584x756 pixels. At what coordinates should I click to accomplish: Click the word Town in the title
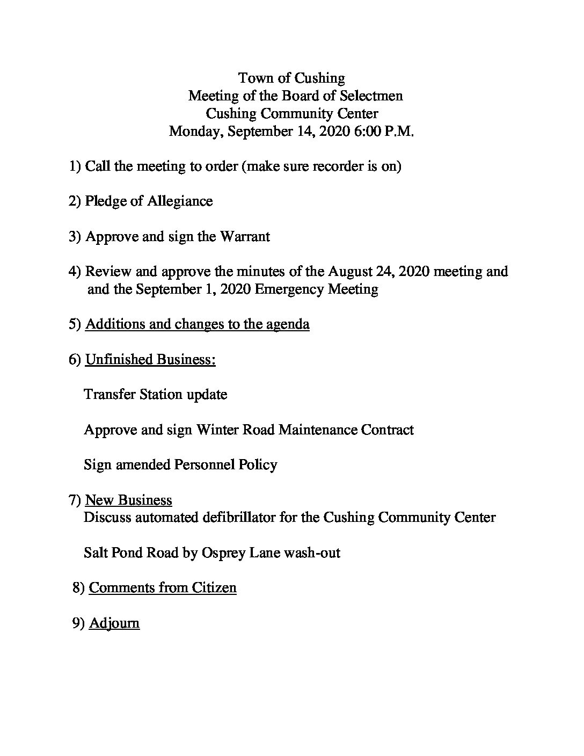point(252,78)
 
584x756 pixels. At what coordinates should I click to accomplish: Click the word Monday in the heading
point(195,132)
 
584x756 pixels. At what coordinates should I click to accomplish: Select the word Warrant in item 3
point(245,236)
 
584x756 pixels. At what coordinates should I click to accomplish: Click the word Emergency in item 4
point(289,289)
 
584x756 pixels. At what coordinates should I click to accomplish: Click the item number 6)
point(75,359)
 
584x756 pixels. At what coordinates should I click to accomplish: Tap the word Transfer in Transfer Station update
point(109,395)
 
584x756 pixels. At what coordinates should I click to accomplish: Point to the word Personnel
point(203,464)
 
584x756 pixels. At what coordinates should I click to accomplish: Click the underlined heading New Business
point(129,500)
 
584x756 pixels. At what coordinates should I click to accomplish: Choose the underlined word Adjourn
point(114,623)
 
